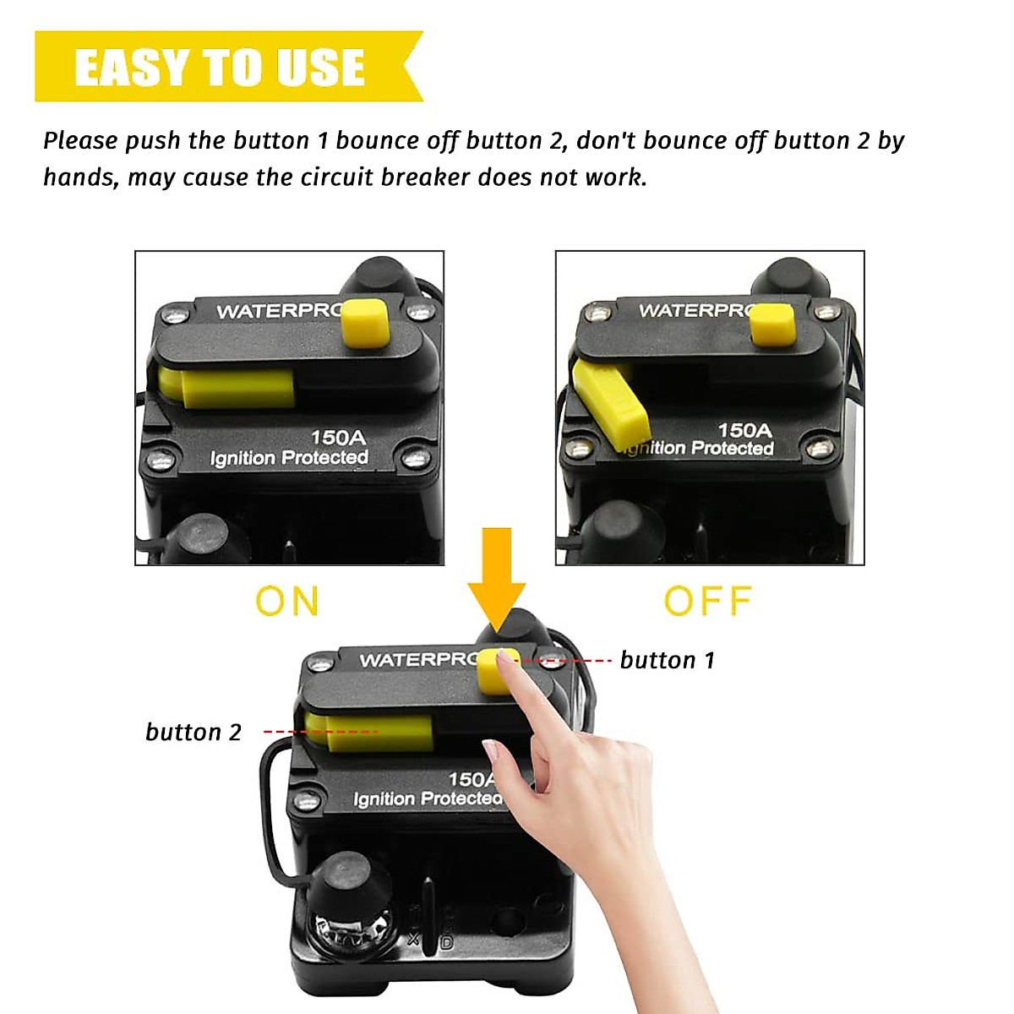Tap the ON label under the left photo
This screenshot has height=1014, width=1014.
[287, 602]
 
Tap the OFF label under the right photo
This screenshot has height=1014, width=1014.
[707, 602]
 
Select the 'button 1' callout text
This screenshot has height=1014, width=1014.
[668, 660]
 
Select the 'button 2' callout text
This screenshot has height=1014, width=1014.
[194, 732]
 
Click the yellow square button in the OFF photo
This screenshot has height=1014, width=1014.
[773, 325]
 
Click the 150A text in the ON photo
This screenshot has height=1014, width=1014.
[338, 437]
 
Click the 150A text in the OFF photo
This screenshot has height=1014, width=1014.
[744, 429]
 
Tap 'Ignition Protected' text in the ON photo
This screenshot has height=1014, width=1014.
[289, 458]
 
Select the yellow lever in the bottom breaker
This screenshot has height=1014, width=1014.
[372, 731]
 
